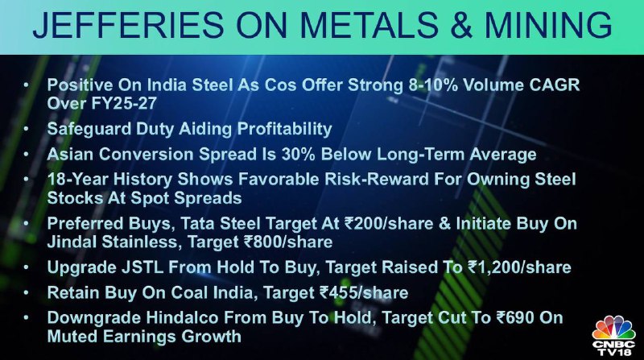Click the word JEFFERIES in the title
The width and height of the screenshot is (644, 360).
pos(128,25)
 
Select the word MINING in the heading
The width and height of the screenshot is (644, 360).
pos(549,25)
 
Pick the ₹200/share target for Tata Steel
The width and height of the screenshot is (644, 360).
pos(389,224)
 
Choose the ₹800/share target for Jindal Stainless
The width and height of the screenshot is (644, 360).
pos(288,242)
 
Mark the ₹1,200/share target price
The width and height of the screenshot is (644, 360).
pos(519,267)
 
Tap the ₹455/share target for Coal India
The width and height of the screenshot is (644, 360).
pos(364,293)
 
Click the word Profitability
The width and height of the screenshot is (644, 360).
pos(285,129)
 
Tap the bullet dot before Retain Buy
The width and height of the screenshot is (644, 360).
pos(26,292)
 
